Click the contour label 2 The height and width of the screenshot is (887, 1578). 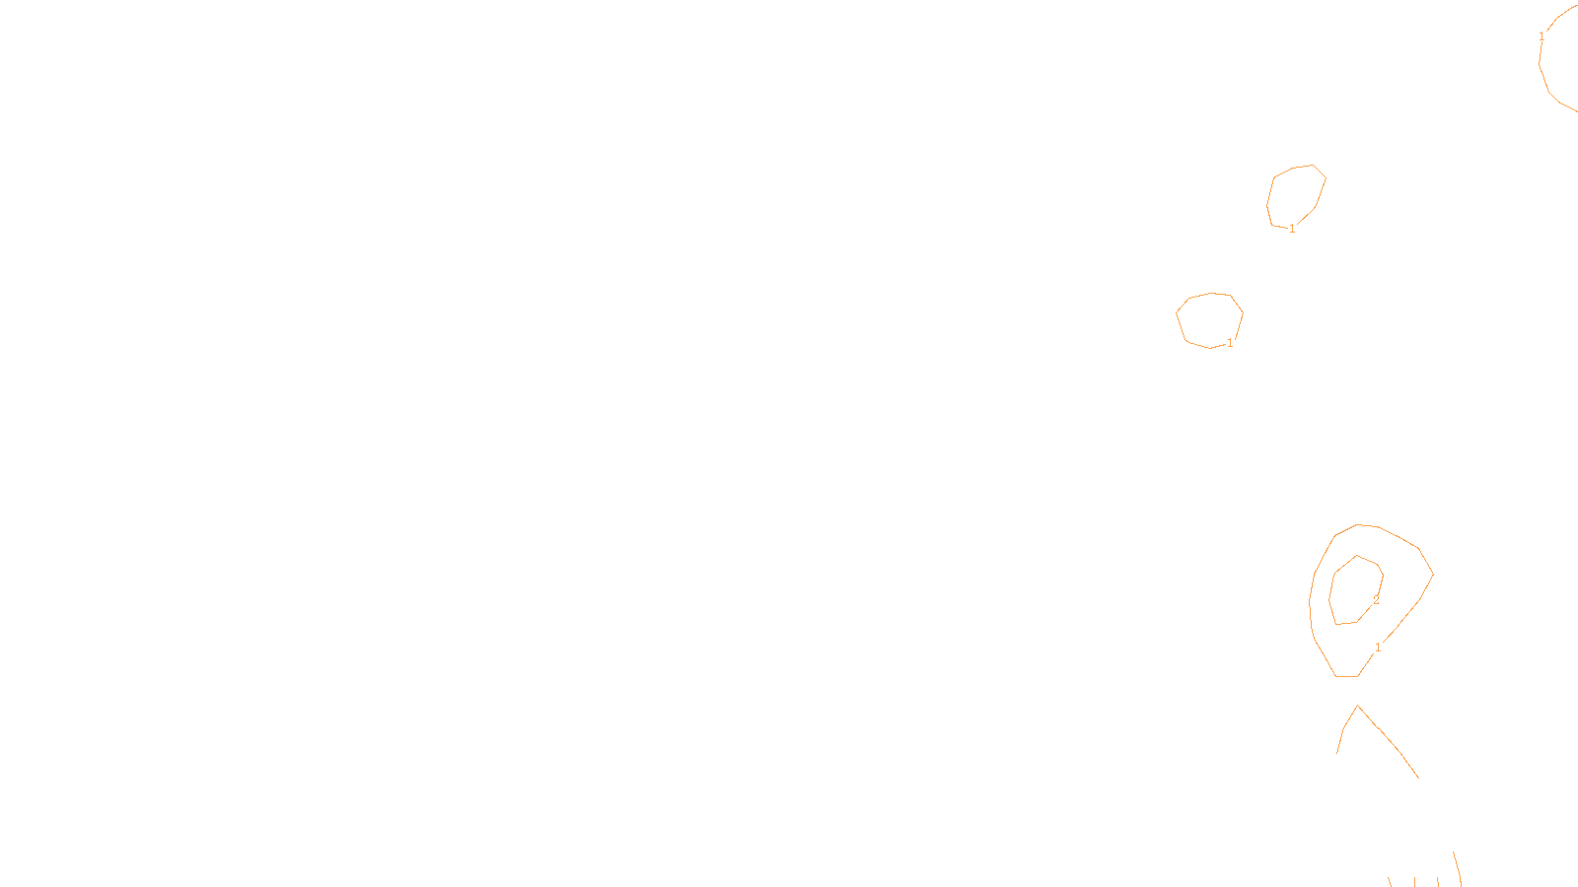point(1376,599)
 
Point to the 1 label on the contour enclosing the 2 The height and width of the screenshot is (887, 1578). point(1378,647)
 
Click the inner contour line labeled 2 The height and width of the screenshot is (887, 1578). point(1331,591)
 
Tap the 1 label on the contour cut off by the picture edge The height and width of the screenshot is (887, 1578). point(1542,36)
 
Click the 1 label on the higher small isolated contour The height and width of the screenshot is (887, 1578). point(1292,229)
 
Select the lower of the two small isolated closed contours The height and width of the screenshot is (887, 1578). point(1181,325)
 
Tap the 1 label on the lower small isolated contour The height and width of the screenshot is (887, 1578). point(1230,343)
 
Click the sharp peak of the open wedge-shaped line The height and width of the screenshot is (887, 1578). point(1358,706)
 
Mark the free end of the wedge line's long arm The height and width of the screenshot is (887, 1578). point(1418,778)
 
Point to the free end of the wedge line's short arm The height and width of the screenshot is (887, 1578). point(1337,753)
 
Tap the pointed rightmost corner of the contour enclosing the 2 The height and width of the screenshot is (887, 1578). point(1433,574)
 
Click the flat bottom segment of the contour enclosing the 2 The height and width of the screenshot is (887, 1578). point(1347,676)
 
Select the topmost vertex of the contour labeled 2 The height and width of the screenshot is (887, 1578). point(1357,555)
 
